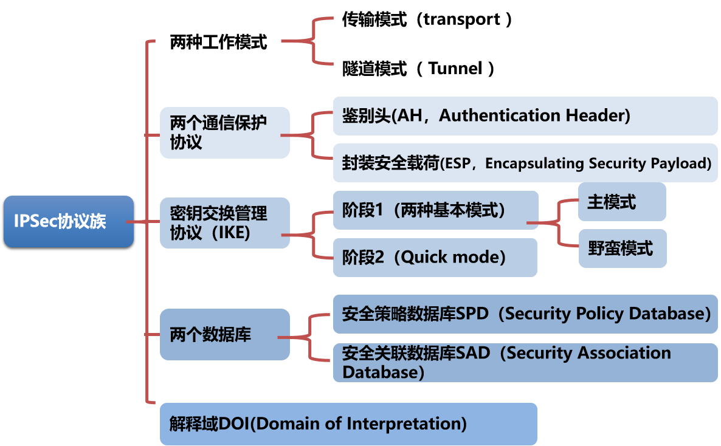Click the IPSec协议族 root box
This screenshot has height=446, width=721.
(68, 221)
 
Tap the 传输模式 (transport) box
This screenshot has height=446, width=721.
(435, 19)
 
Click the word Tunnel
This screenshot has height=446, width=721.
(455, 69)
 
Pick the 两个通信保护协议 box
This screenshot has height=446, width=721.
(224, 132)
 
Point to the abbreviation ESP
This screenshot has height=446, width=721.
(458, 163)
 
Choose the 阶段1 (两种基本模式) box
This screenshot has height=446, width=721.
(435, 210)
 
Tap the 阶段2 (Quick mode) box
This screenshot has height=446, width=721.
(435, 258)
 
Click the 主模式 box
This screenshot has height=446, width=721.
(622, 202)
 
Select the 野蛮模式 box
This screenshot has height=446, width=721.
(622, 249)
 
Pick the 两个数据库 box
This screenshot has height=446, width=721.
(224, 334)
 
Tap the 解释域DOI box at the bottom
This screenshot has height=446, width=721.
(348, 424)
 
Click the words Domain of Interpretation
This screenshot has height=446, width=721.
(358, 424)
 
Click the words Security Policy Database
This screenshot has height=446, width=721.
(608, 314)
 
